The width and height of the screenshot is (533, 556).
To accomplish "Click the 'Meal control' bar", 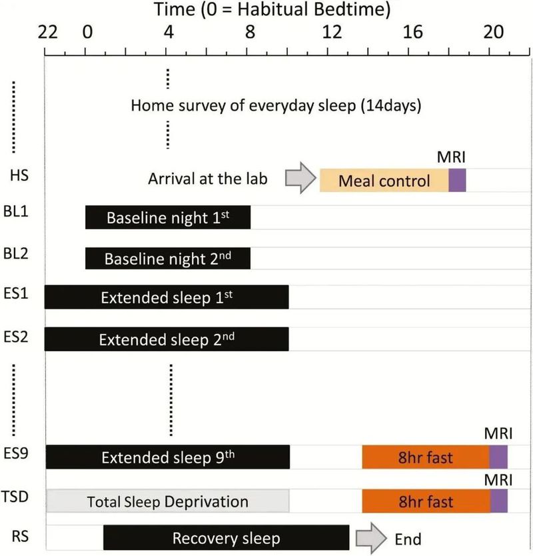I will (x=384, y=180).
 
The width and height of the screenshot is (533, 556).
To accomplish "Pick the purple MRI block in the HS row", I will (x=457, y=180).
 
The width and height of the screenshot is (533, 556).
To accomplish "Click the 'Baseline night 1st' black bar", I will (x=168, y=218).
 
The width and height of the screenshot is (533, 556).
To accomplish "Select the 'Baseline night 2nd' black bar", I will (x=168, y=257).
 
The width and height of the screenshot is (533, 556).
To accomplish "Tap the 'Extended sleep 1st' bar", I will (x=167, y=297).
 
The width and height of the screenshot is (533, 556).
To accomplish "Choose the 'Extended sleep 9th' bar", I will (x=167, y=457).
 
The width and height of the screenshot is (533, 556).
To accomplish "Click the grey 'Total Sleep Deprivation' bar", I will (x=167, y=501).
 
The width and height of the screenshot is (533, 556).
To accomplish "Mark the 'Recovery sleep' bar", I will (x=227, y=538).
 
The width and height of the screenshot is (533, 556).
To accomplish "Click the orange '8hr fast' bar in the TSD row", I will (x=426, y=501).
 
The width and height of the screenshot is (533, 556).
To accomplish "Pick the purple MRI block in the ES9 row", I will (x=498, y=457).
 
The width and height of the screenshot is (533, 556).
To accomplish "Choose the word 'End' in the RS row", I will (x=408, y=539).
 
